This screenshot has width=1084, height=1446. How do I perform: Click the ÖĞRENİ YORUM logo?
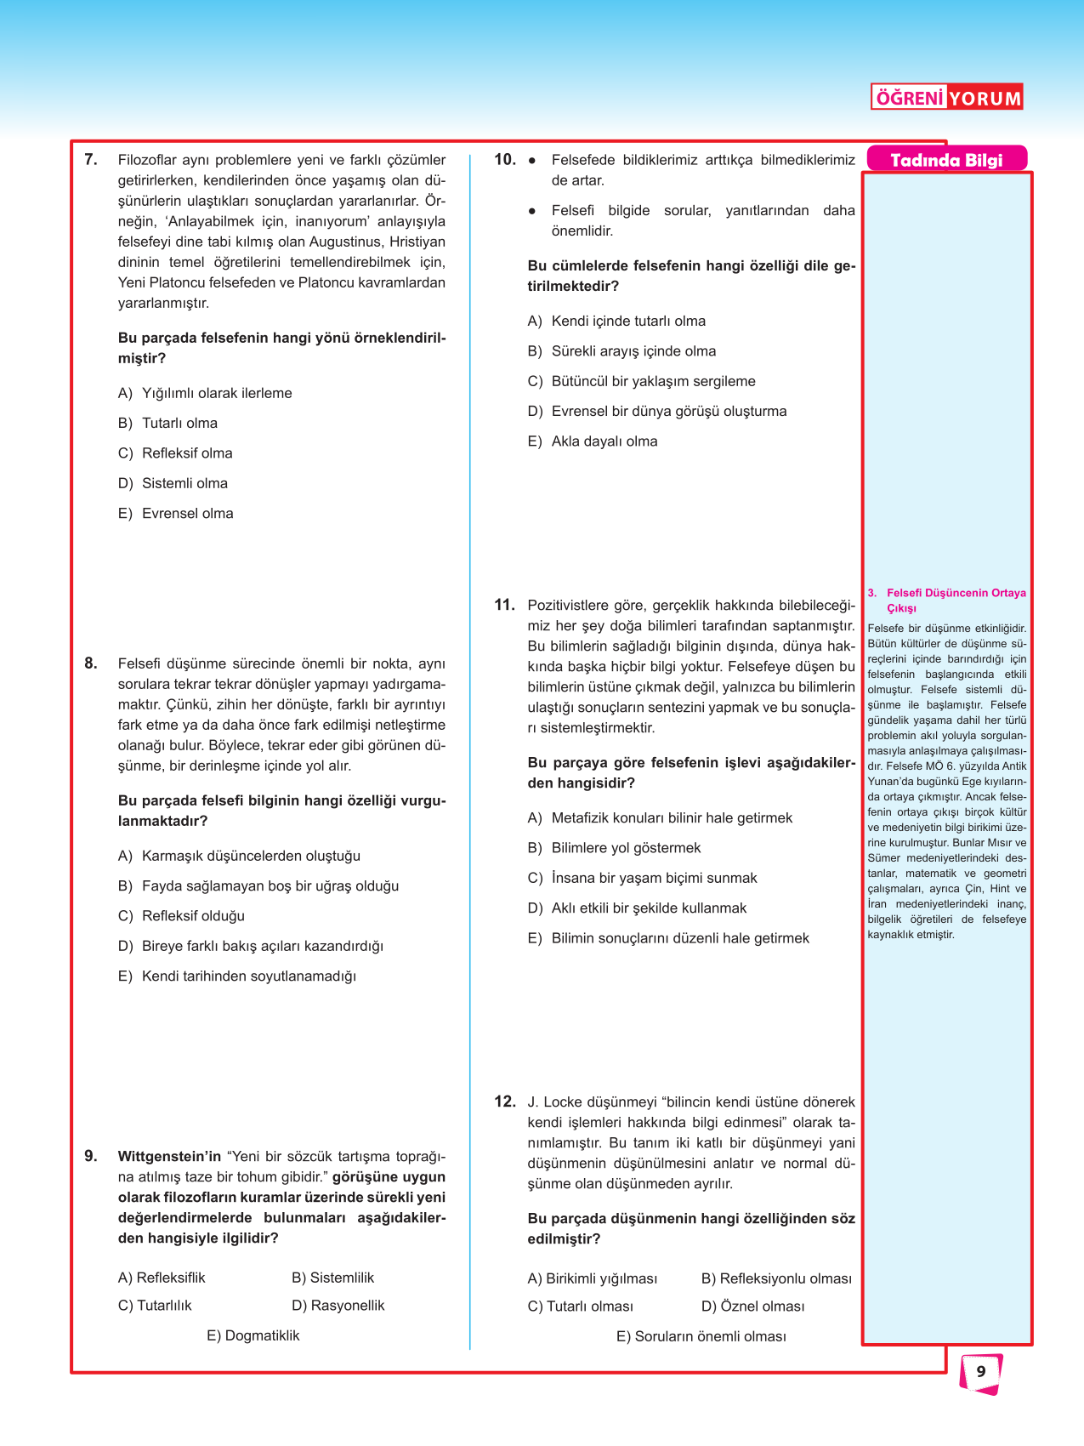947,97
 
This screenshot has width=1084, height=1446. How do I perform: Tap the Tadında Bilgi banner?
946,160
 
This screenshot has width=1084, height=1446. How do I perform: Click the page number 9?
981,1371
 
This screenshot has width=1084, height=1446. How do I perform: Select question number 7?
91,159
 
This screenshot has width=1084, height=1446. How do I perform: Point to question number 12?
505,1102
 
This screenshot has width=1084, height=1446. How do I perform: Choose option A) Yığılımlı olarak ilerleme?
205,393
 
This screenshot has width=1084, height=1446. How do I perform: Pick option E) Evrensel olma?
176,513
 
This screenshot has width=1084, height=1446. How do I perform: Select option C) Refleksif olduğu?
181,915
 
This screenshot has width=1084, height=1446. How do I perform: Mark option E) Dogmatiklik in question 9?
253,1335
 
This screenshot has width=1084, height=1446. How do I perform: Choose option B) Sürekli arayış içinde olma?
621,350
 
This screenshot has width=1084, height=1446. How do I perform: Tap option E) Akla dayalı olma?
593,441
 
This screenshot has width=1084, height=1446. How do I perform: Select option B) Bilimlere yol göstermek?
614,847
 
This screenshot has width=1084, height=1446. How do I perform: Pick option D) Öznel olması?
752,1306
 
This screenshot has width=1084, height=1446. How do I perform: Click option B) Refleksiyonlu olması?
776,1278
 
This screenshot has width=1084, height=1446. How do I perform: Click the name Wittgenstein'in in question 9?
169,1156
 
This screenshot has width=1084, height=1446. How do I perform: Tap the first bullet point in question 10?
532,160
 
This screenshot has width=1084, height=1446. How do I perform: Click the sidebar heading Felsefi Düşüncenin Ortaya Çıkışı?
955,600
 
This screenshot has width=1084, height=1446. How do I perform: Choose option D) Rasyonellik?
338,1305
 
